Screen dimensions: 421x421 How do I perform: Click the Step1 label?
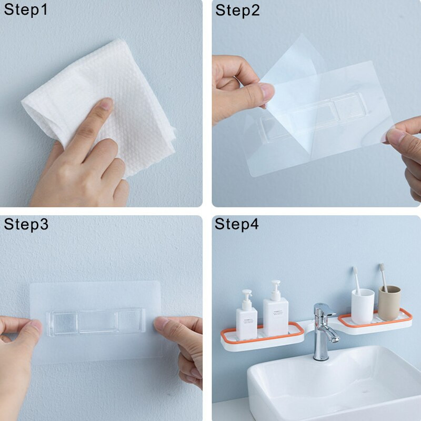[26, 9]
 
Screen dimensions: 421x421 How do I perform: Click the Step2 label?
[237, 11]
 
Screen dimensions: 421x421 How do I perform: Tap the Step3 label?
[26, 224]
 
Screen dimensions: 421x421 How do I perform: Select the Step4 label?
[236, 224]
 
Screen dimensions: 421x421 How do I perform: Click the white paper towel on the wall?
[102, 105]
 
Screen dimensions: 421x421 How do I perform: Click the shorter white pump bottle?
[246, 315]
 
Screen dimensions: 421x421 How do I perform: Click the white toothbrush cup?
[363, 306]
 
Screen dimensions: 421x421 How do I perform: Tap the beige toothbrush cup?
[389, 303]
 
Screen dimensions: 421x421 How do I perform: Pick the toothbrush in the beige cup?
[384, 278]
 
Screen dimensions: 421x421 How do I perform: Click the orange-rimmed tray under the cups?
[375, 322]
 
